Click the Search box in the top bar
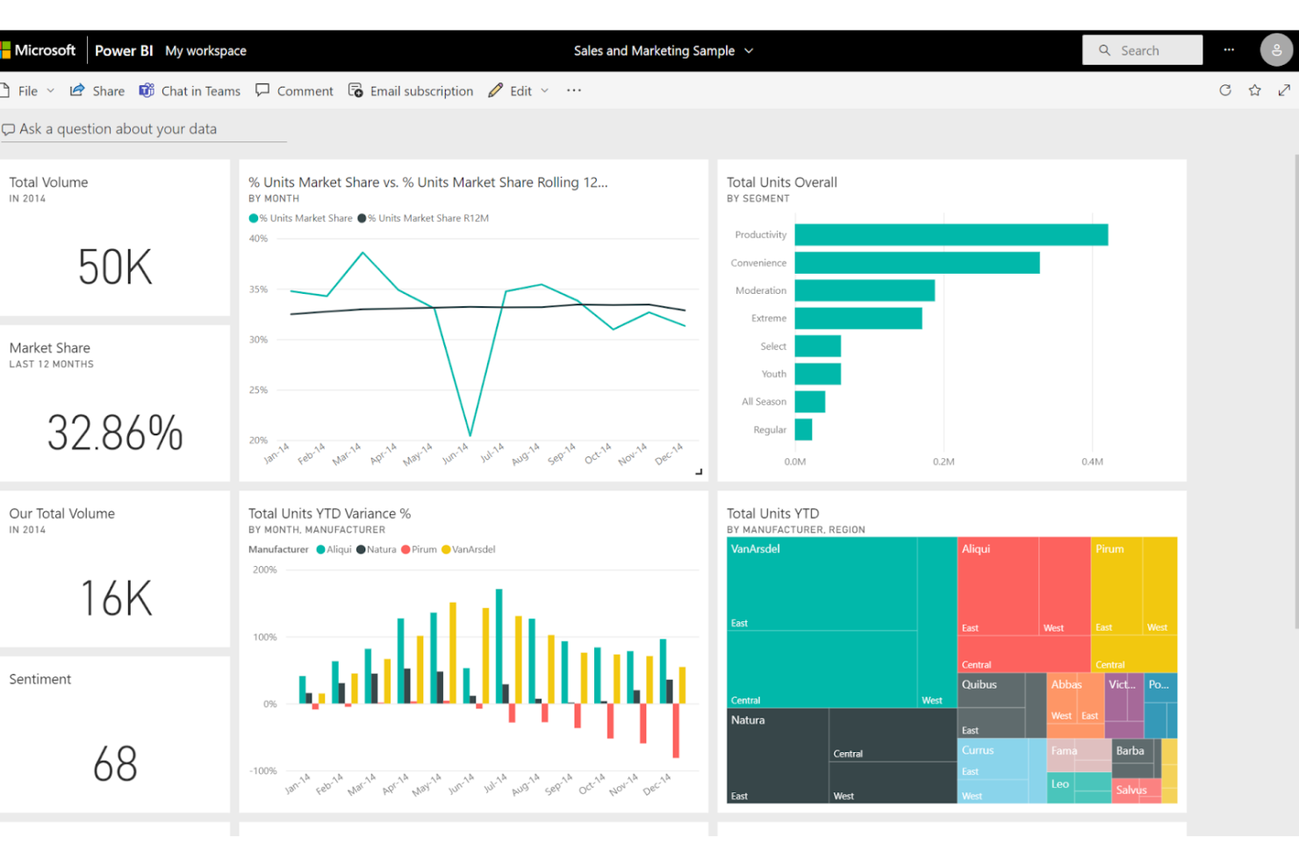pyautogui.click(x=1142, y=51)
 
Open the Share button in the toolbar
pyautogui.click(x=97, y=91)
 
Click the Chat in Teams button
pyautogui.click(x=190, y=91)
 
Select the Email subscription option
pyautogui.click(x=411, y=91)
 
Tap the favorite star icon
pyautogui.click(x=1254, y=90)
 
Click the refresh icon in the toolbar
pyautogui.click(x=1224, y=90)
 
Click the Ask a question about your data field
pyautogui.click(x=118, y=129)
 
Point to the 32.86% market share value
pyautogui.click(x=115, y=433)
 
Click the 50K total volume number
pyautogui.click(x=115, y=268)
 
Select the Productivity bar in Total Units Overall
pyautogui.click(x=951, y=235)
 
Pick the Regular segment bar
pyautogui.click(x=803, y=430)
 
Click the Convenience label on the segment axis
pyautogui.click(x=758, y=263)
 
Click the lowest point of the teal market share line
pyautogui.click(x=470, y=434)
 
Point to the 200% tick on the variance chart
pyautogui.click(x=264, y=570)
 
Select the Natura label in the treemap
pyautogui.click(x=748, y=720)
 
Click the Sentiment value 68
pyautogui.click(x=115, y=764)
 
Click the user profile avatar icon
pyautogui.click(x=1276, y=51)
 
